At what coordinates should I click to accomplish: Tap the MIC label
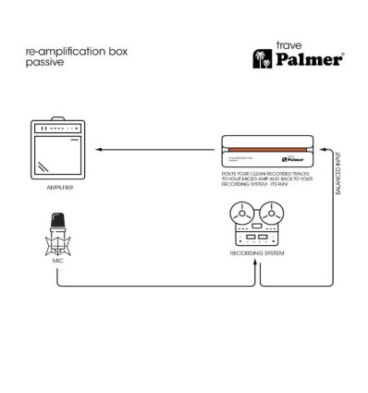pos(57,263)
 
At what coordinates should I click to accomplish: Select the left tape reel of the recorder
pos(247,219)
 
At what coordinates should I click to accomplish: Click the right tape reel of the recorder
pos(277,219)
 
